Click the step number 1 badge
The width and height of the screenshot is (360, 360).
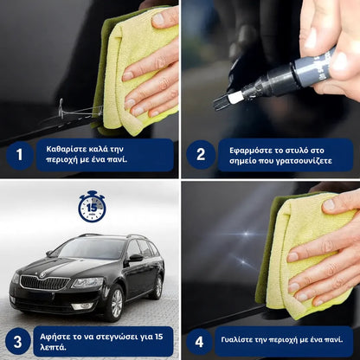click(x=18, y=155)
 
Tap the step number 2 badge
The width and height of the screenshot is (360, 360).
click(x=200, y=155)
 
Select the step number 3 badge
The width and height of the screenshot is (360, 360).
click(x=18, y=340)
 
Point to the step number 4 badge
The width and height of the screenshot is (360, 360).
click(x=200, y=340)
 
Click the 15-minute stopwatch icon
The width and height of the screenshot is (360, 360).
click(x=92, y=207)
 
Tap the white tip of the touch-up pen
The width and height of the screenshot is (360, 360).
click(x=233, y=99)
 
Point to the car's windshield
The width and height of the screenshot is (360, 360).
click(x=87, y=249)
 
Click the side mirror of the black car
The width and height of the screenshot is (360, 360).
click(x=135, y=257)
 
